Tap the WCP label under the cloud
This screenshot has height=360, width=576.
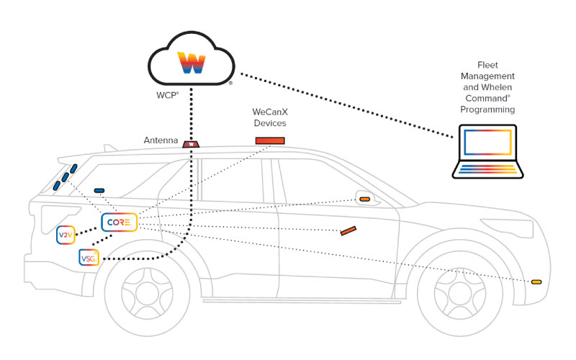click(167, 95)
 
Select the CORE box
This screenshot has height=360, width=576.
click(119, 223)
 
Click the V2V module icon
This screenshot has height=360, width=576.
click(66, 235)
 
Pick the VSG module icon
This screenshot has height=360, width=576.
click(88, 258)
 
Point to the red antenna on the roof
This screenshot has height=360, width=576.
click(191, 144)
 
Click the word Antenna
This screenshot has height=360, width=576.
click(161, 140)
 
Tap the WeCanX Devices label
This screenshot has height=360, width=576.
click(269, 118)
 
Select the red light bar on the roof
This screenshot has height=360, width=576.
click(270, 140)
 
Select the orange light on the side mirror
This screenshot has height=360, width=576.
click(365, 198)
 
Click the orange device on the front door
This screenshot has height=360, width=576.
click(348, 231)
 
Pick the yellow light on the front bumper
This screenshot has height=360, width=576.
click(536, 282)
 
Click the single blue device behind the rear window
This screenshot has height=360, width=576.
click(99, 190)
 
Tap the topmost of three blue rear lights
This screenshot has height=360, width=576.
click(73, 168)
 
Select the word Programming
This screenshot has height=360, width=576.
click(490, 110)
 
